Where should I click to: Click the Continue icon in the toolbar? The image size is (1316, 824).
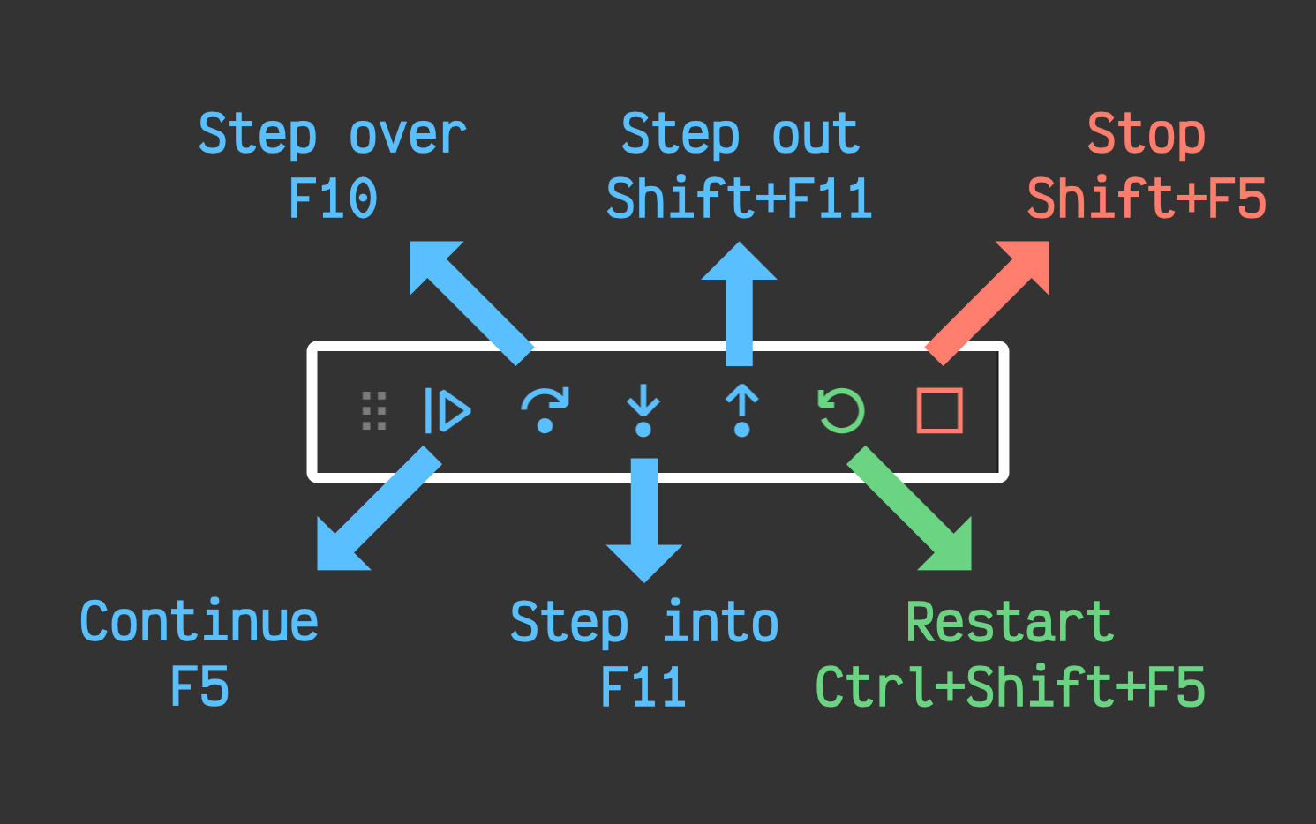[447, 411]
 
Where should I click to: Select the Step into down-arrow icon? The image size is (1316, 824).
[643, 411]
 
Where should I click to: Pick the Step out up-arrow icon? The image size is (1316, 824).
[742, 411]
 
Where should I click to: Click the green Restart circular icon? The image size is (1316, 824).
[841, 411]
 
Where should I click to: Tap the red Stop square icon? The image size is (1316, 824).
[939, 411]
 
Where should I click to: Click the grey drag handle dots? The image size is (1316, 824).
[374, 411]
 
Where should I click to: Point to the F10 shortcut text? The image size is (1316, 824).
[333, 199]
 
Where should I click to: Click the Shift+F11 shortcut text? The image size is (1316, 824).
[740, 199]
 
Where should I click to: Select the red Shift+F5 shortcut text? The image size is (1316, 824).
[1146, 199]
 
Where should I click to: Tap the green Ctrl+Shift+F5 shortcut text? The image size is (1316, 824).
[1010, 687]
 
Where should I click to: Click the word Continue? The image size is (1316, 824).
[199, 622]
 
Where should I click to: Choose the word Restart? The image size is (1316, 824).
[1010, 622]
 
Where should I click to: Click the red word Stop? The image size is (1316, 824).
[1146, 135]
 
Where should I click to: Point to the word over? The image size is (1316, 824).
[407, 135]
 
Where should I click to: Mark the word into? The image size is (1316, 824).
[720, 622]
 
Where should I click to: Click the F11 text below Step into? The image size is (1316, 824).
[643, 687]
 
